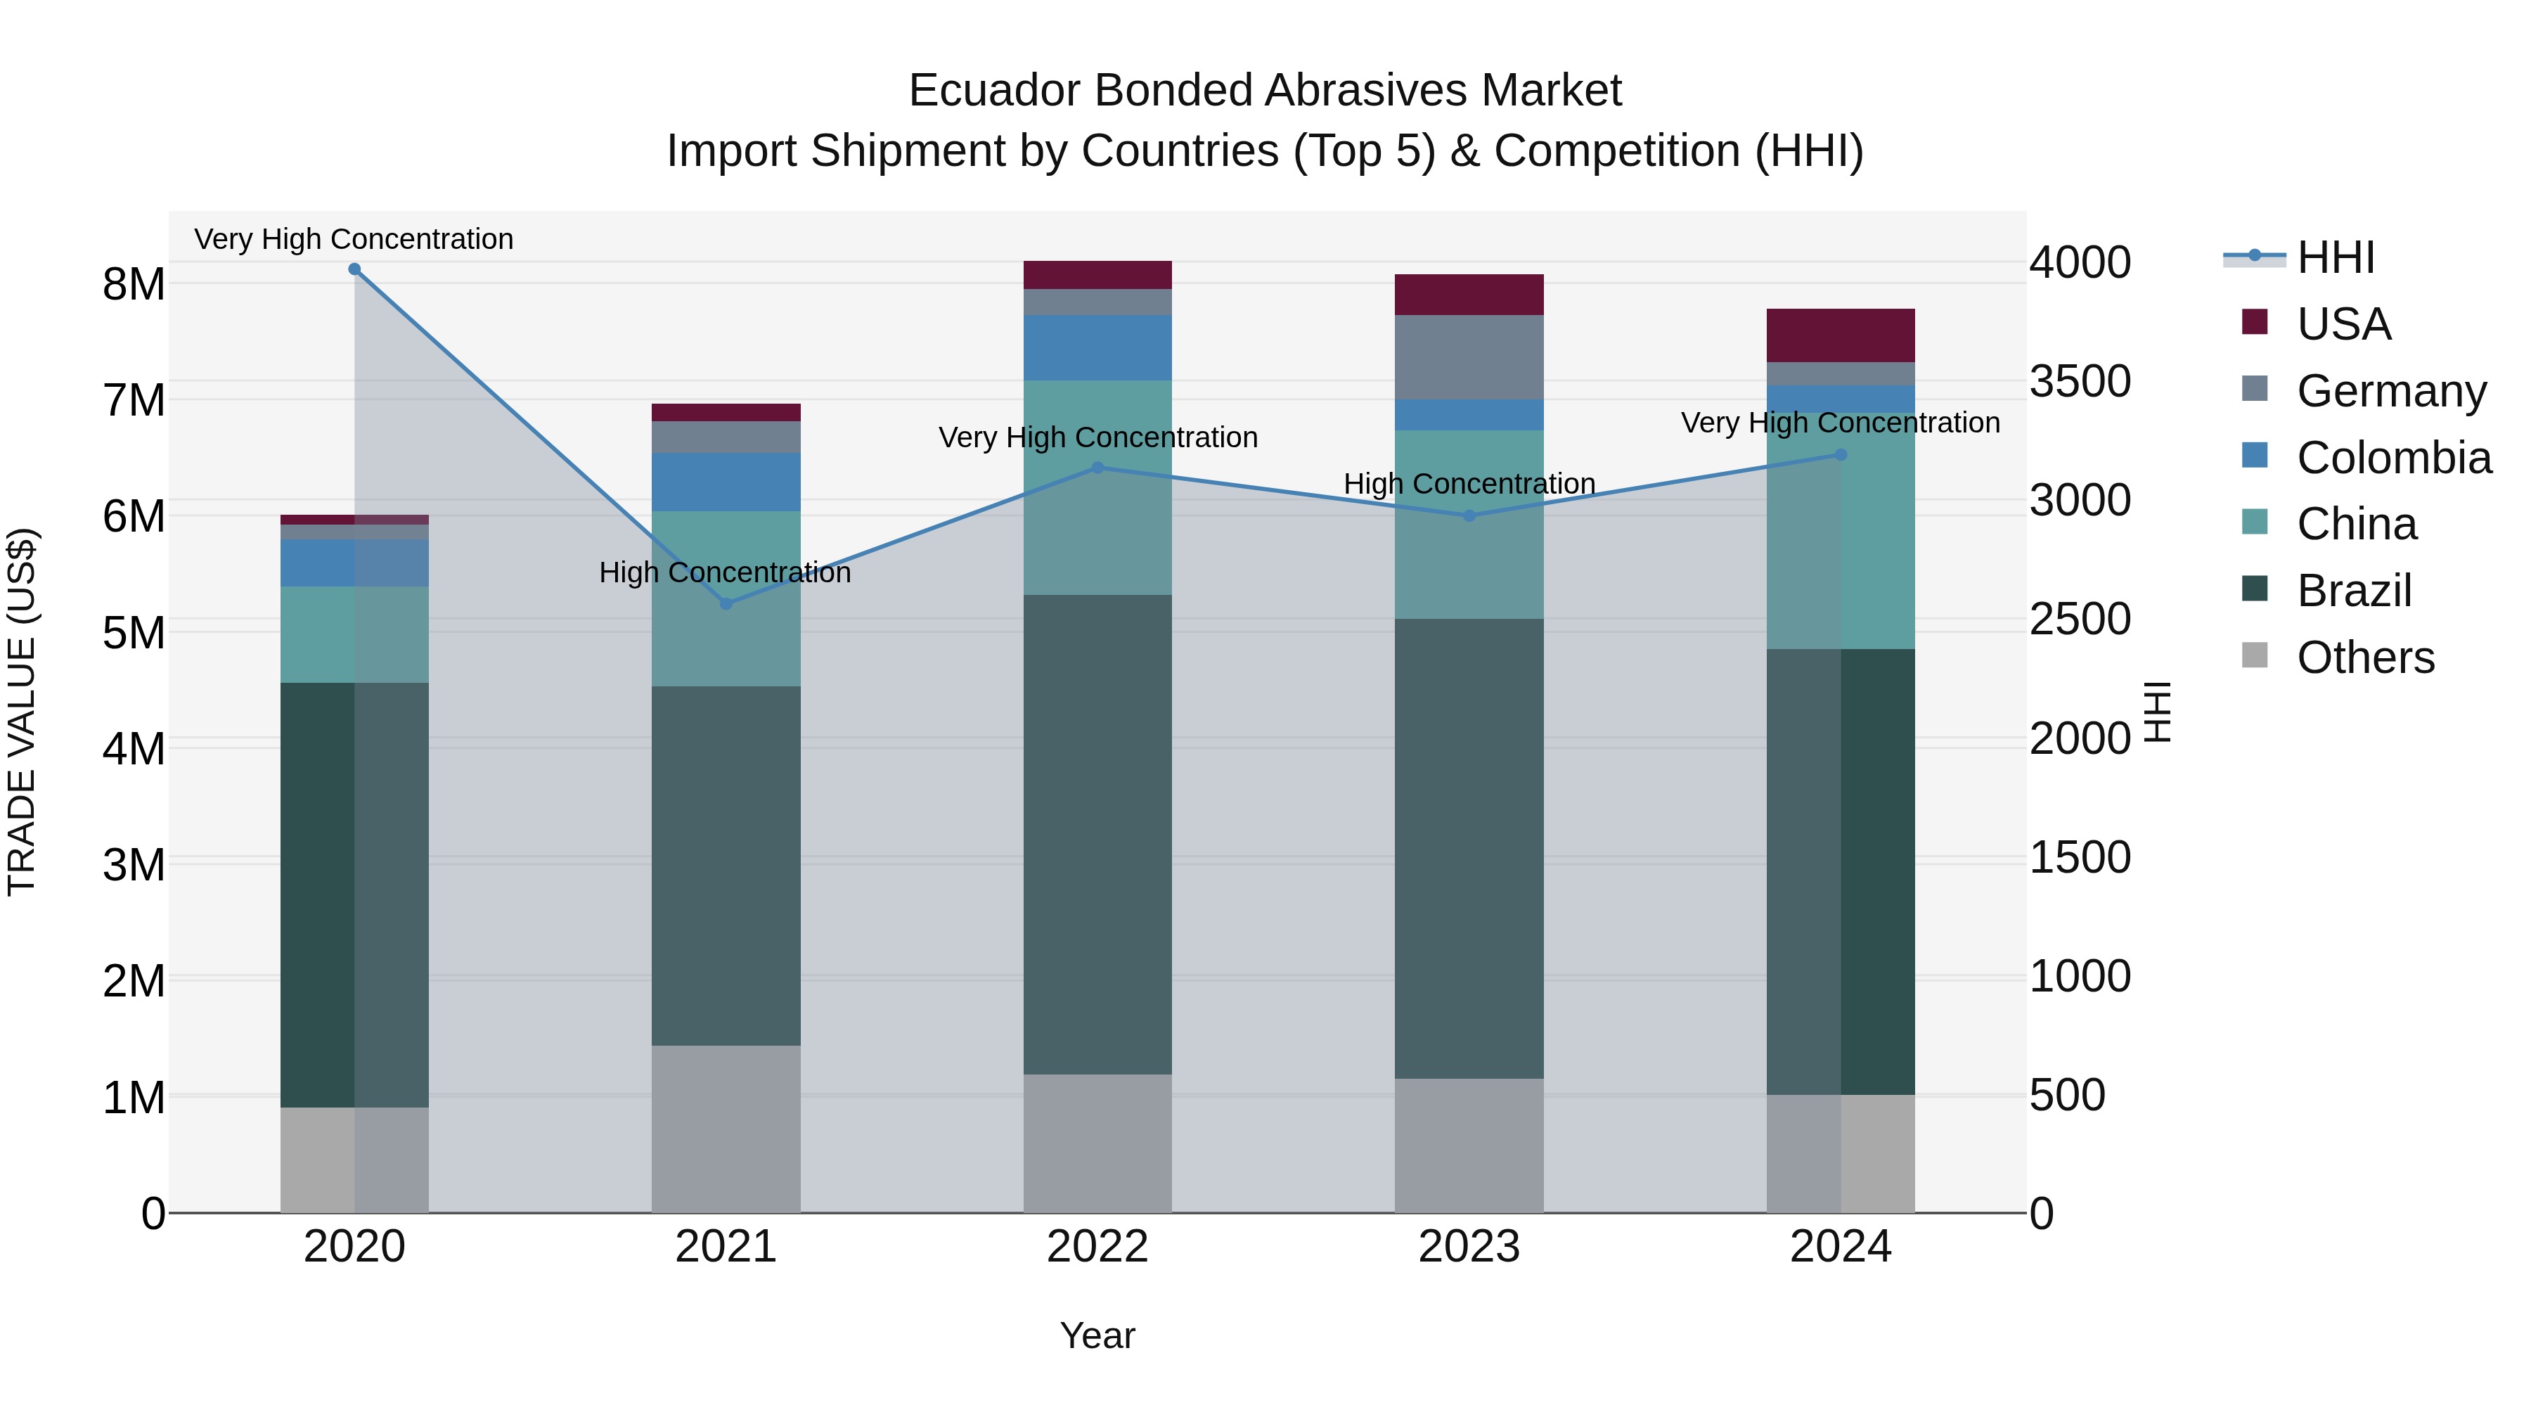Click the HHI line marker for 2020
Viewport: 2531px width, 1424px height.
coord(355,269)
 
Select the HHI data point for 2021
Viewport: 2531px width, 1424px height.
coord(726,603)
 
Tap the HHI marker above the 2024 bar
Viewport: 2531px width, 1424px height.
coord(1841,455)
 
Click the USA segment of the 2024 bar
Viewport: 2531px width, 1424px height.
coord(1841,335)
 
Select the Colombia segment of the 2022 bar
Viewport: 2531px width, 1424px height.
coord(1097,348)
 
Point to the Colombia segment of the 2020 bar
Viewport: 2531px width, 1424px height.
coord(355,562)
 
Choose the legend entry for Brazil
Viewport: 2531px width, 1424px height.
coord(2354,591)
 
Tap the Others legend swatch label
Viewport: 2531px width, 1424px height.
coord(2365,658)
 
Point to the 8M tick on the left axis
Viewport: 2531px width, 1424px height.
coord(134,284)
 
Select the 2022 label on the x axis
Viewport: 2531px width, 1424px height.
coord(1097,1247)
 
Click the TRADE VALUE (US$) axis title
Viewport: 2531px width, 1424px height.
coord(22,712)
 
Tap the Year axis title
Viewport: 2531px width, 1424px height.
coord(1097,1335)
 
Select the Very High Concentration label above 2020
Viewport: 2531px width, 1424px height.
coord(354,239)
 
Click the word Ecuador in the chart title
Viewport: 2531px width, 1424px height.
coord(994,91)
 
